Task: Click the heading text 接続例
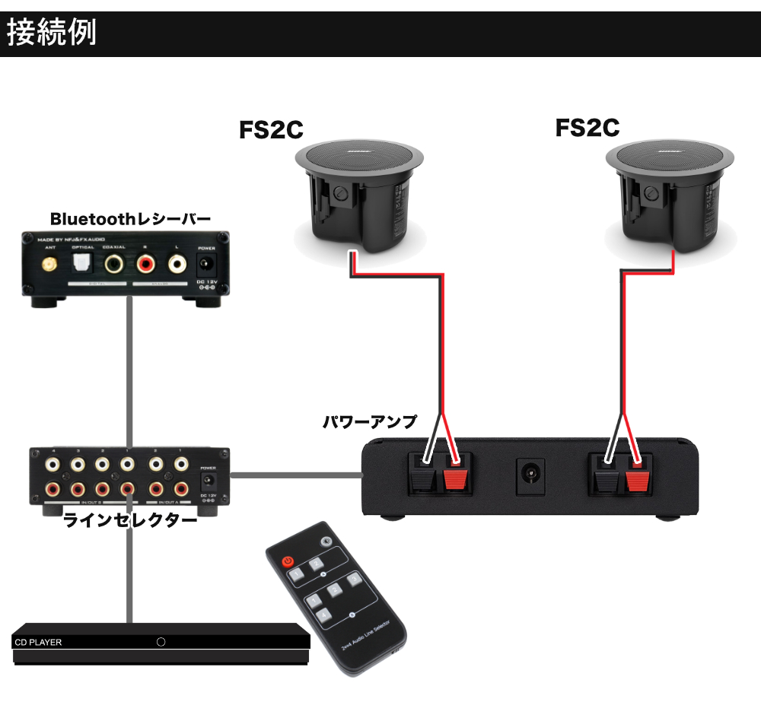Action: (52, 34)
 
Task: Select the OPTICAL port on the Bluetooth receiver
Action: (82, 264)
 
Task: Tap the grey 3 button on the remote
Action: (353, 580)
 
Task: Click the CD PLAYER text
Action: (38, 643)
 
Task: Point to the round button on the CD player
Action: (161, 642)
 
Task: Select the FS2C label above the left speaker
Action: (272, 129)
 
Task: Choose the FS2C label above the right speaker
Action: (587, 127)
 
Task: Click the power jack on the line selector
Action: (208, 482)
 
